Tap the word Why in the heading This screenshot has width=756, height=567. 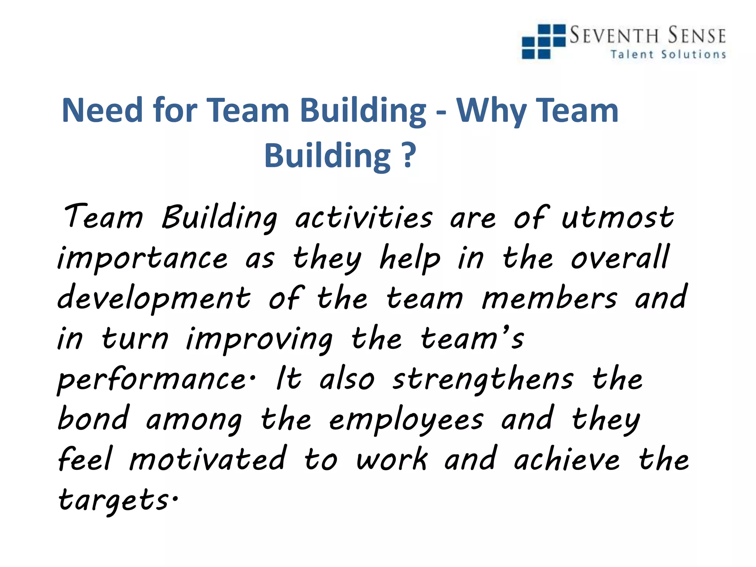point(491,111)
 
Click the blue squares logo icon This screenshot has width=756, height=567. point(543,41)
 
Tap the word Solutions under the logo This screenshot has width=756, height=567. point(694,54)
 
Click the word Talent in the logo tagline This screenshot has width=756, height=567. point(632,54)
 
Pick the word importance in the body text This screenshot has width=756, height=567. point(142,258)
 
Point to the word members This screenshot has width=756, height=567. point(549,298)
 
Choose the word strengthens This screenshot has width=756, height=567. point(483,379)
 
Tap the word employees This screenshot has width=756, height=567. point(406,420)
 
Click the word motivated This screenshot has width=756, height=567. point(207,459)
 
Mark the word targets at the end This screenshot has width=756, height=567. point(114,500)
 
